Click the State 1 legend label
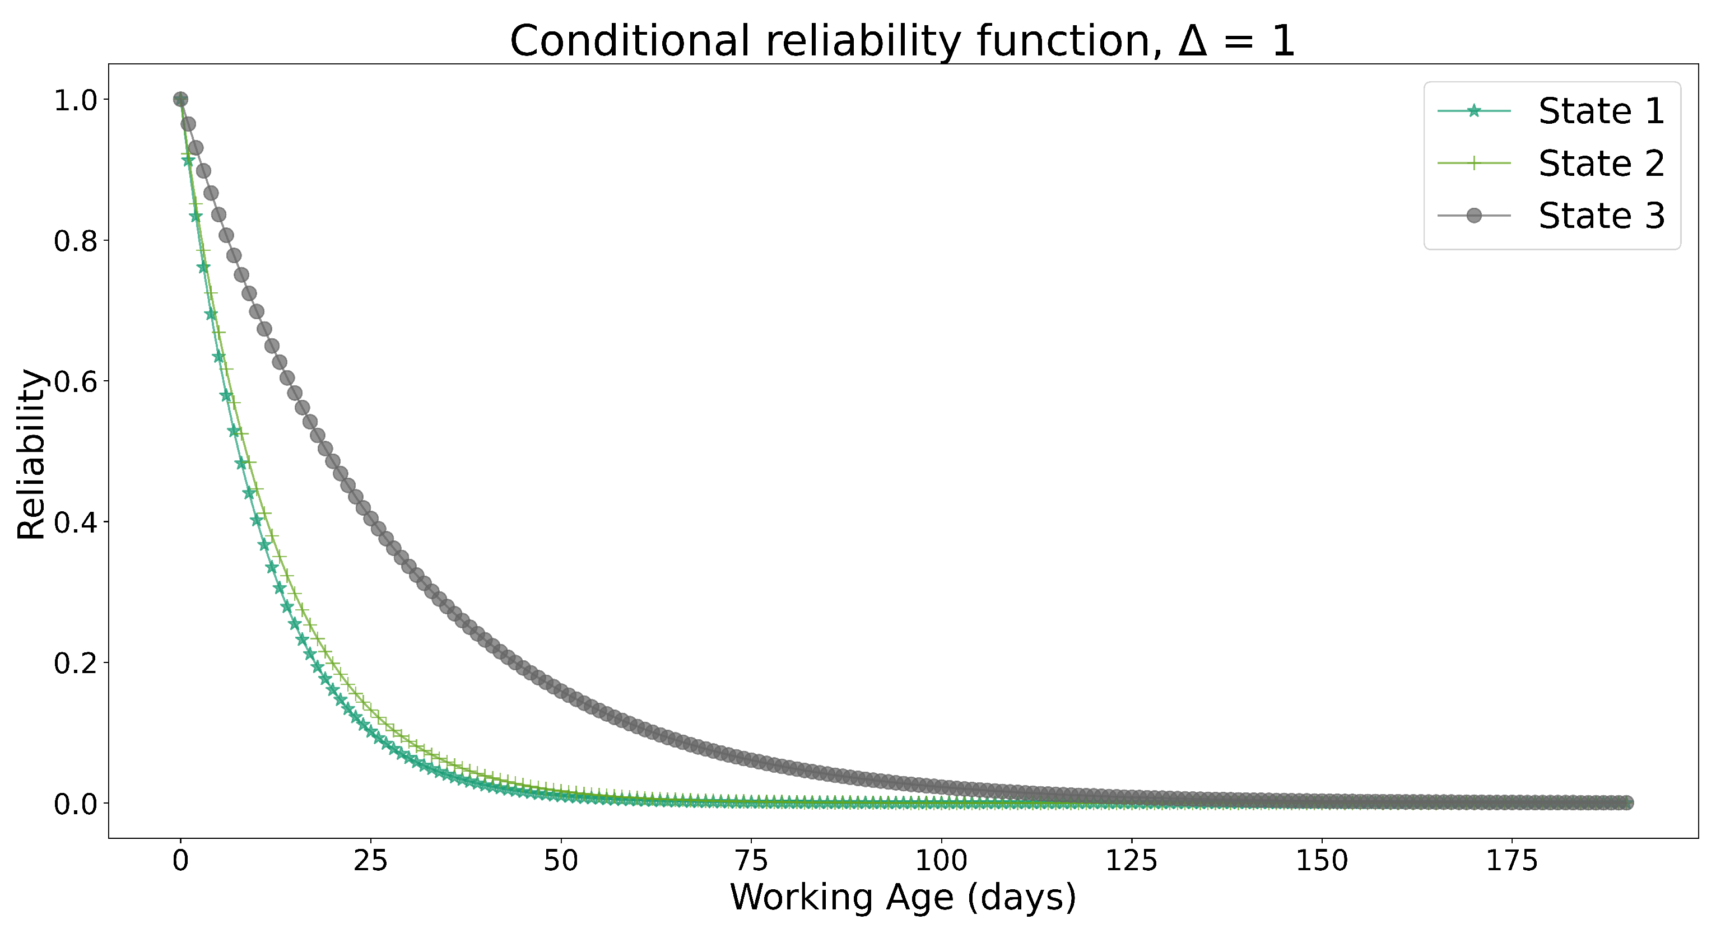point(1601,111)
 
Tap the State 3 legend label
point(1601,216)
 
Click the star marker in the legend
point(1473,111)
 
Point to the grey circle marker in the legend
point(1473,216)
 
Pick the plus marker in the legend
point(1473,163)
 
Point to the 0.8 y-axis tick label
point(75,242)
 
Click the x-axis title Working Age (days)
point(903,898)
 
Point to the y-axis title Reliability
point(31,454)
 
